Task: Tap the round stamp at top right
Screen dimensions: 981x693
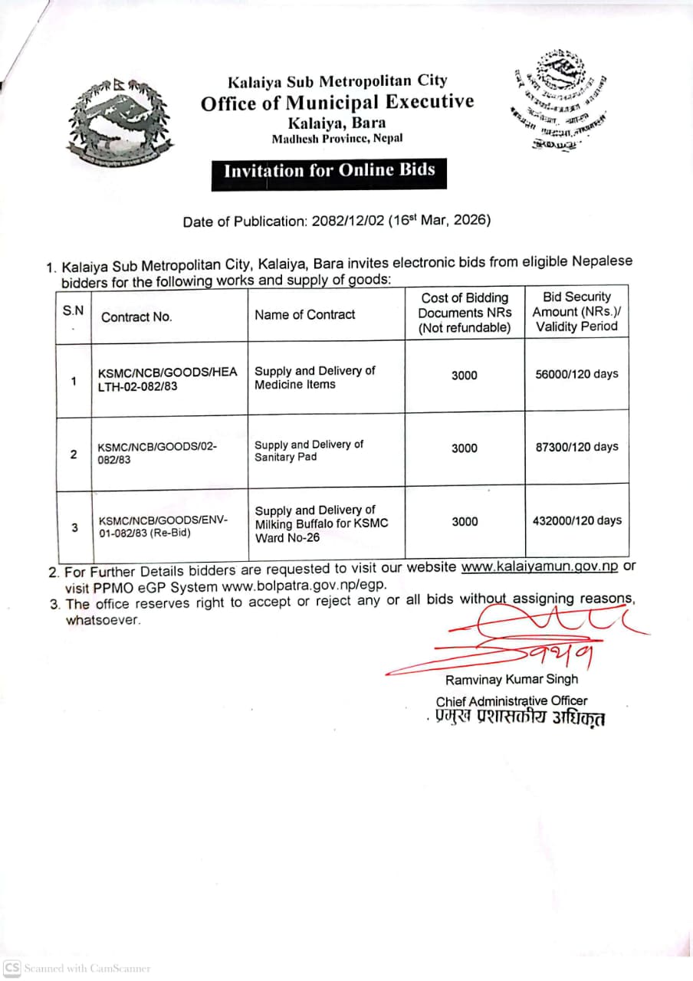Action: click(x=560, y=100)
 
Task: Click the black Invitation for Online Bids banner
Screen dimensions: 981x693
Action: click(x=329, y=171)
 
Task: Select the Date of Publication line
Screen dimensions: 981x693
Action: click(x=337, y=221)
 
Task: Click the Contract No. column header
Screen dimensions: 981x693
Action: click(x=136, y=317)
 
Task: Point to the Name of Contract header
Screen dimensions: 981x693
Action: click(x=305, y=314)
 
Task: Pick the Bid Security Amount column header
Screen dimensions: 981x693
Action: click(x=576, y=311)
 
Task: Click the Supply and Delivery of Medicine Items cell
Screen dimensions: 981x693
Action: click(x=315, y=377)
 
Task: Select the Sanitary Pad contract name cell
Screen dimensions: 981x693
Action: click(x=309, y=451)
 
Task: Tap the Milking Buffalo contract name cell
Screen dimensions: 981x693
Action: click(x=321, y=523)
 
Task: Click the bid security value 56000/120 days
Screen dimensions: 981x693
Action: click(x=576, y=374)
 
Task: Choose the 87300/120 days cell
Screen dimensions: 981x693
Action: click(x=576, y=447)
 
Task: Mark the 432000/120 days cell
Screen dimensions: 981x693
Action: click(x=576, y=520)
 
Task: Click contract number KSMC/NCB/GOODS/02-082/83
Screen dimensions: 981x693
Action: click(x=158, y=453)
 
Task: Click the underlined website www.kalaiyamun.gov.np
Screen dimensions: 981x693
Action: click(x=539, y=567)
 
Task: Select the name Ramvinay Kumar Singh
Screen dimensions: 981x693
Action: click(x=511, y=679)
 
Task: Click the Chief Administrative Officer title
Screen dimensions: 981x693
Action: click(x=511, y=700)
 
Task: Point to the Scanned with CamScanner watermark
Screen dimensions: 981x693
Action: click(x=77, y=969)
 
